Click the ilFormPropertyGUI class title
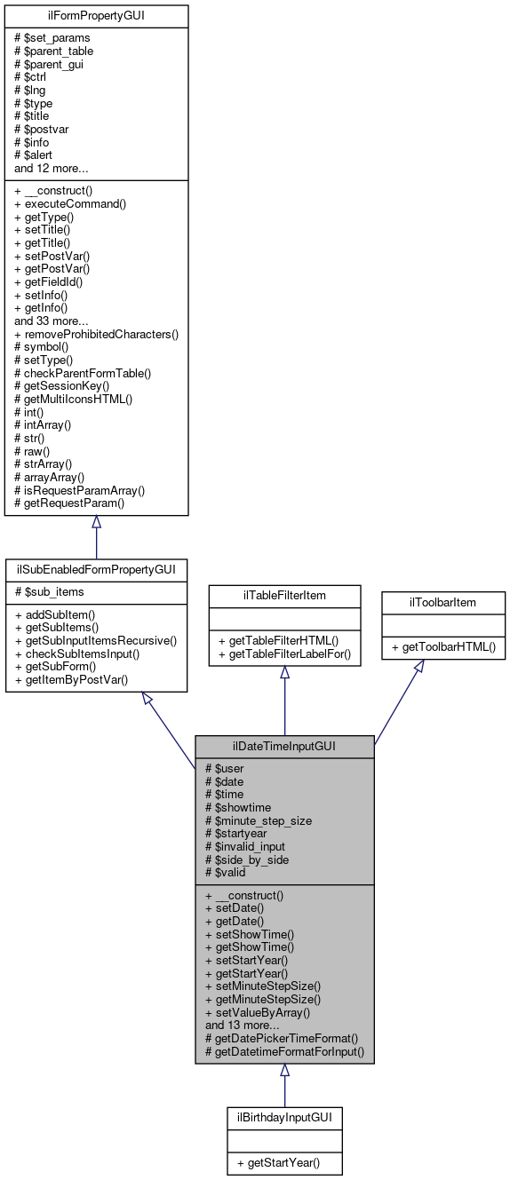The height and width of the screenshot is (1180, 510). point(96,16)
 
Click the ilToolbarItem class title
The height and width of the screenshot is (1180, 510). point(443,602)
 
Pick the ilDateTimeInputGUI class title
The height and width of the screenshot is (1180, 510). point(284,746)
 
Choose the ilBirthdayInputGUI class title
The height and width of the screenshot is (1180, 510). point(284,1116)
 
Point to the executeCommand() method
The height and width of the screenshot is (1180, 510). point(70,203)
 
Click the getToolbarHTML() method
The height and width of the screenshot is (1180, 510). point(443,649)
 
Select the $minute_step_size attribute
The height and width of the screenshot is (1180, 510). point(258,820)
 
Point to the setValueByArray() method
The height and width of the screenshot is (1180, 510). point(257,1011)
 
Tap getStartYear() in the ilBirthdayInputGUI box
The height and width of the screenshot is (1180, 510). point(284,1162)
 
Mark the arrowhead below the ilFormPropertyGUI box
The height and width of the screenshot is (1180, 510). point(96,523)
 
